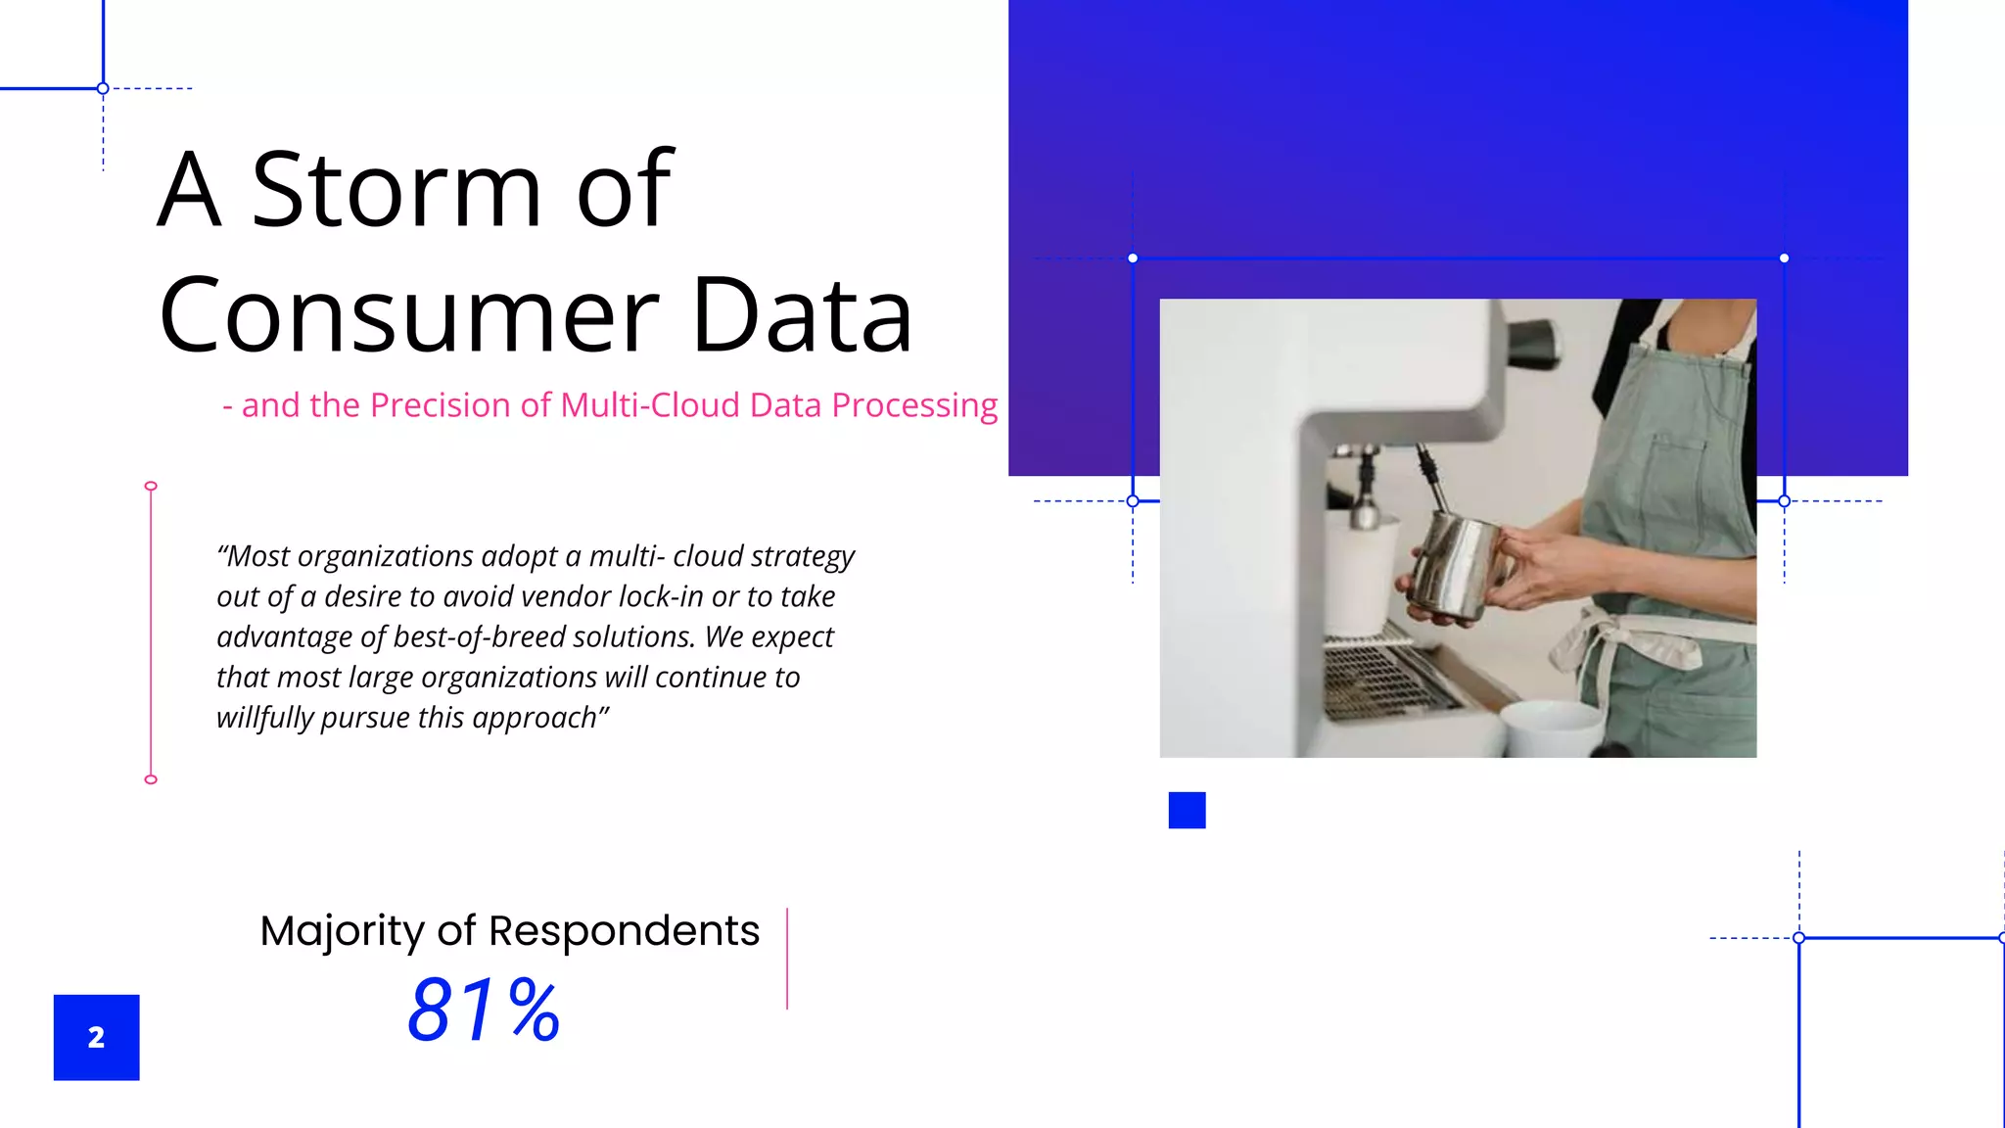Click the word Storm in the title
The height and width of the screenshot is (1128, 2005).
click(396, 190)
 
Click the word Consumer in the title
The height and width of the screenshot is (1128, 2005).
click(409, 315)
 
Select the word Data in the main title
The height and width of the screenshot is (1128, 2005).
click(802, 315)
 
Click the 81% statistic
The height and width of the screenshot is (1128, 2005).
click(484, 1010)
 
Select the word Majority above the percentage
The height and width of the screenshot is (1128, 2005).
click(342, 931)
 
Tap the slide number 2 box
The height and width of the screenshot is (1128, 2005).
click(96, 1037)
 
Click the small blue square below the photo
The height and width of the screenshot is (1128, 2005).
click(1187, 810)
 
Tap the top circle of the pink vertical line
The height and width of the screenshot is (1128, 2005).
click(151, 486)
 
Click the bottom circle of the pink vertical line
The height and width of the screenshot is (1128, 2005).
click(151, 779)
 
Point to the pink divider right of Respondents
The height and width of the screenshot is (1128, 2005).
click(787, 958)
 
